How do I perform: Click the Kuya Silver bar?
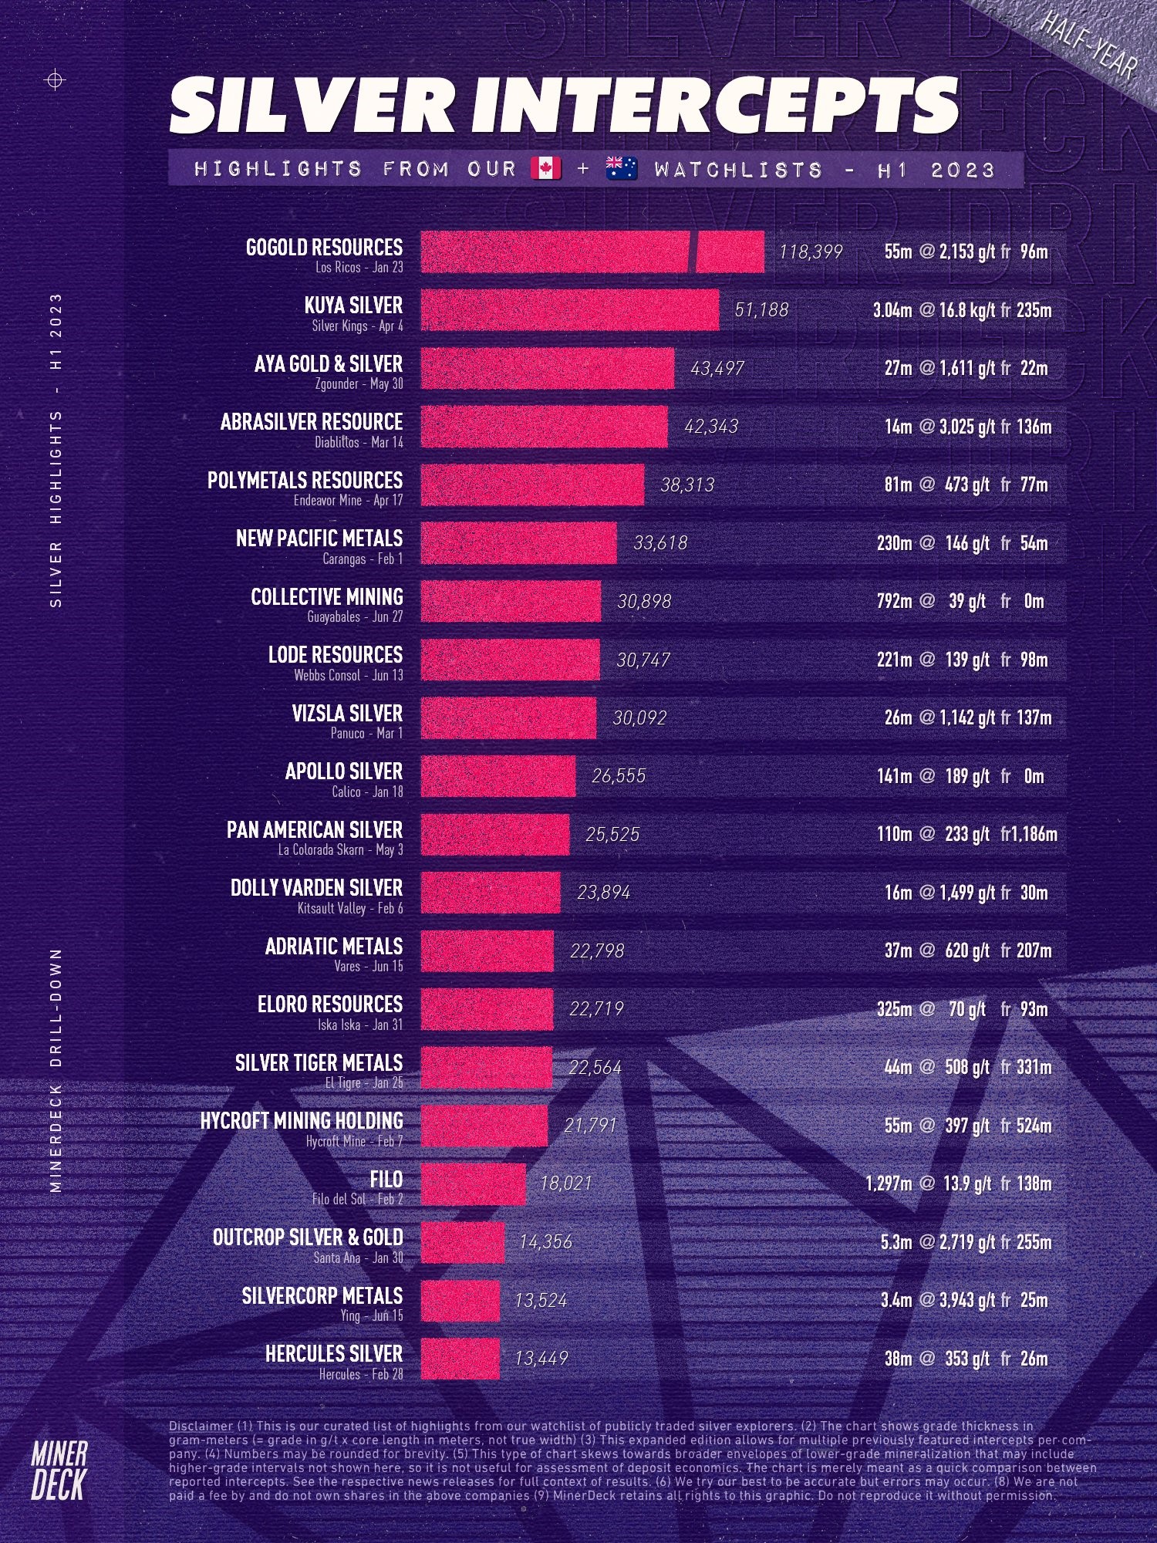click(569, 310)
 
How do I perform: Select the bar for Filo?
click(473, 1183)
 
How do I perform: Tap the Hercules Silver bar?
click(460, 1359)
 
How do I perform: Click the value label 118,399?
click(810, 252)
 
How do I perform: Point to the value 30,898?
click(644, 602)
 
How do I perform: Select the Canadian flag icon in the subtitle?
click(546, 168)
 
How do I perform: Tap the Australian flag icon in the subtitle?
click(621, 168)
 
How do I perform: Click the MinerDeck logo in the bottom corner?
click(59, 1470)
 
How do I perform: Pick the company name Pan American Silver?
click(314, 830)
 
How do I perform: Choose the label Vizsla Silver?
click(347, 714)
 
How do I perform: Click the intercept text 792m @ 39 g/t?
click(932, 602)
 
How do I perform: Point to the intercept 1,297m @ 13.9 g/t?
click(929, 1183)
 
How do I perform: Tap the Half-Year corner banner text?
click(1088, 46)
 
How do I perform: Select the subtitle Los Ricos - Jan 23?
click(359, 268)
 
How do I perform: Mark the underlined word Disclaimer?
click(201, 1427)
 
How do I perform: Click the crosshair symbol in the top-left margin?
click(56, 79)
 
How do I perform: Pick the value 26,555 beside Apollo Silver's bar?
click(619, 776)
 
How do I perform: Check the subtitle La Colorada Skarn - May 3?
click(340, 850)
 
